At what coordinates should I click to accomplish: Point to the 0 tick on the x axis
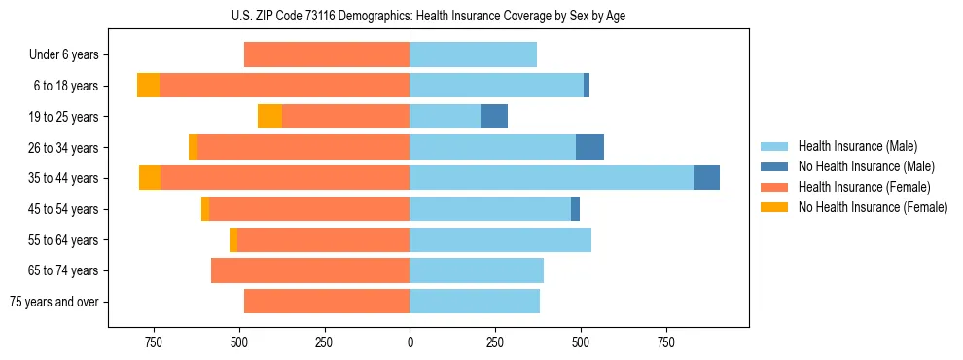[x=410, y=342]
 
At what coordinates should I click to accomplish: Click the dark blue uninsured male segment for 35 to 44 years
[x=706, y=178]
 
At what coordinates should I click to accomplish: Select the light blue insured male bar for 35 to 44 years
[x=552, y=178]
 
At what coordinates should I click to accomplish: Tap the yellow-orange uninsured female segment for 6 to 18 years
[x=148, y=86]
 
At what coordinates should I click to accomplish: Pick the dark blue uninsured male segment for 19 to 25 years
[x=494, y=117]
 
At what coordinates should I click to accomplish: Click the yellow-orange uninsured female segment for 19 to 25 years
[x=269, y=117]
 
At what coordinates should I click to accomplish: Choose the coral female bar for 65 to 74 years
[x=310, y=270]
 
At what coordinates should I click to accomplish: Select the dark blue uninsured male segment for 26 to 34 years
[x=589, y=147]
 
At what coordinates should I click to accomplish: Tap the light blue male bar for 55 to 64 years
[x=500, y=240]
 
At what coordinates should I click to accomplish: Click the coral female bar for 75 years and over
[x=327, y=302]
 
